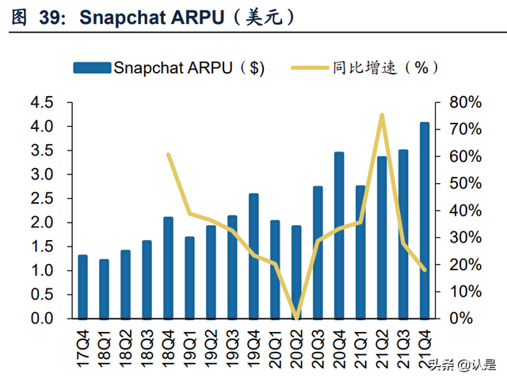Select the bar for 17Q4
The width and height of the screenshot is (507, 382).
(x=82, y=286)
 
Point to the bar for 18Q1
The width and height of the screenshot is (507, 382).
(x=104, y=288)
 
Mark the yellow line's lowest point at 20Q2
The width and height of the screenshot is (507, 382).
(x=296, y=318)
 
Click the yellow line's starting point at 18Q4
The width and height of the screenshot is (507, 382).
(x=168, y=155)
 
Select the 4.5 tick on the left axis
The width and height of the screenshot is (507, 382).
(x=40, y=102)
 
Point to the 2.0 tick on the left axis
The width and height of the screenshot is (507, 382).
(x=40, y=223)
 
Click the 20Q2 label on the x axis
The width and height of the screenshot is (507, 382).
(x=296, y=342)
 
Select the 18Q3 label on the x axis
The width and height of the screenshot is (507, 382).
(x=147, y=342)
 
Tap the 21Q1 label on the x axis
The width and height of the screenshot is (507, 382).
(x=360, y=342)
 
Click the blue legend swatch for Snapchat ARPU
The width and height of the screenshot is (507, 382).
(x=90, y=67)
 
